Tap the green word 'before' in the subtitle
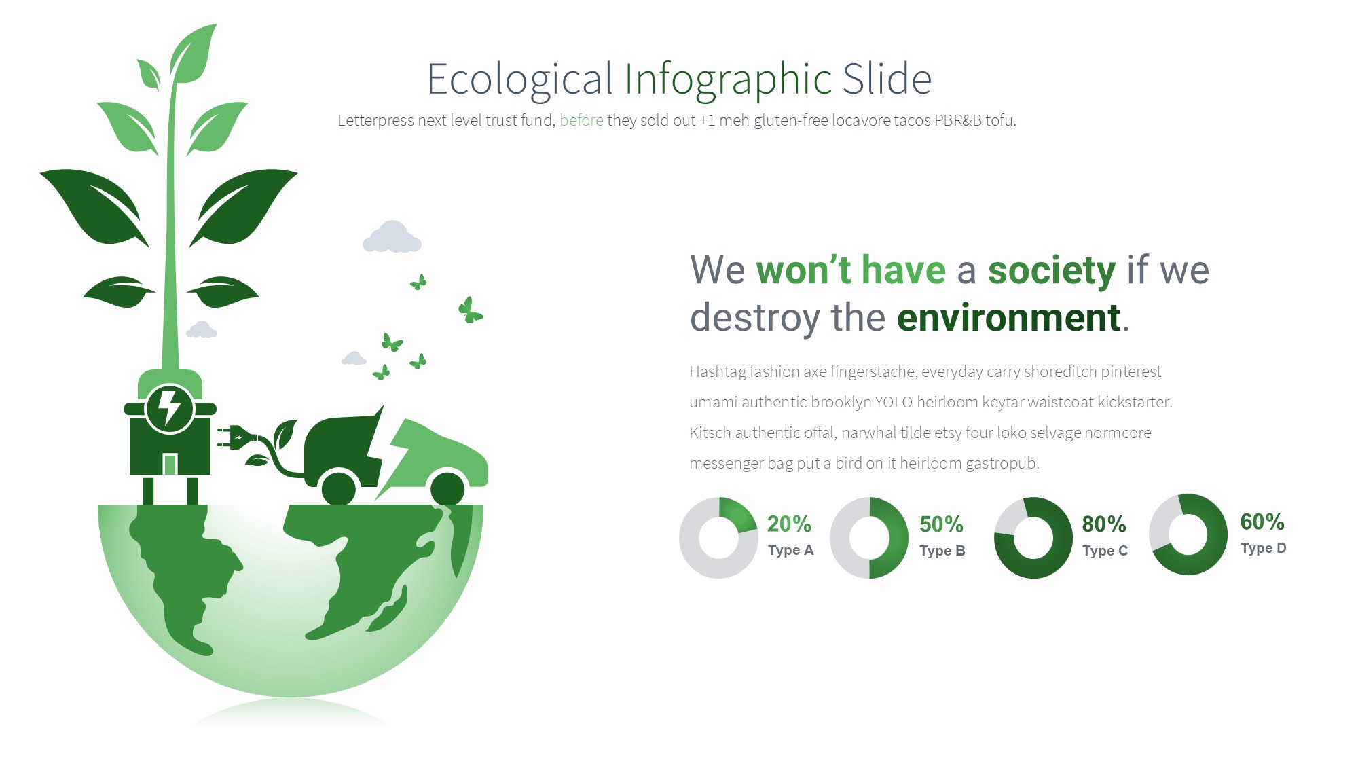581,120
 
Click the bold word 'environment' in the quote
1008,318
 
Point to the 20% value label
789,524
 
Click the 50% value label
941,524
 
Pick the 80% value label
1104,524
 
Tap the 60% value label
1262,522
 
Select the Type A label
790,550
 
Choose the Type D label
1263,548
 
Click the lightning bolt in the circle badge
170,407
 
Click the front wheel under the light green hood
447,488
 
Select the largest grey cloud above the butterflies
392,237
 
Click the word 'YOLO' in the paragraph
894,402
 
